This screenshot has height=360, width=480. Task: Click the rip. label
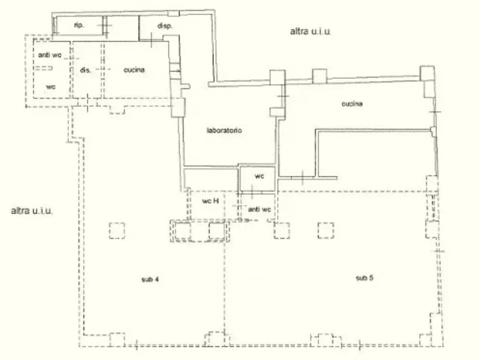(x=79, y=25)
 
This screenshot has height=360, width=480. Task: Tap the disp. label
(x=165, y=26)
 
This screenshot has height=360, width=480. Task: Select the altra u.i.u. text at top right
(x=310, y=31)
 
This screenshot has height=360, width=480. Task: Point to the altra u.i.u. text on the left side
(x=32, y=211)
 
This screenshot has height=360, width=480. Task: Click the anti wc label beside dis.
(x=50, y=55)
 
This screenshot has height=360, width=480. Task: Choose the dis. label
(x=85, y=70)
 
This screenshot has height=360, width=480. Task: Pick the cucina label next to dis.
(x=134, y=70)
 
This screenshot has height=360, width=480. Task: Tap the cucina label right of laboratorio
(x=352, y=103)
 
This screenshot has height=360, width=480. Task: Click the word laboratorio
(x=224, y=130)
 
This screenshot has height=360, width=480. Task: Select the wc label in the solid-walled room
(x=259, y=176)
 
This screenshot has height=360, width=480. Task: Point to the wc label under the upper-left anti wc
(x=51, y=87)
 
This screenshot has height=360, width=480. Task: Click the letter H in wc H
(x=216, y=201)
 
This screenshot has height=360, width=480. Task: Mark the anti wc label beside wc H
(x=259, y=209)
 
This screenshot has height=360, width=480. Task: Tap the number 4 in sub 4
(x=156, y=279)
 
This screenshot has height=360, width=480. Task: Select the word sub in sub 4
(x=147, y=279)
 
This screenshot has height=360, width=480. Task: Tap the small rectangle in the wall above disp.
(x=174, y=13)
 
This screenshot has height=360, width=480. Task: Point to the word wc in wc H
(x=207, y=201)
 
